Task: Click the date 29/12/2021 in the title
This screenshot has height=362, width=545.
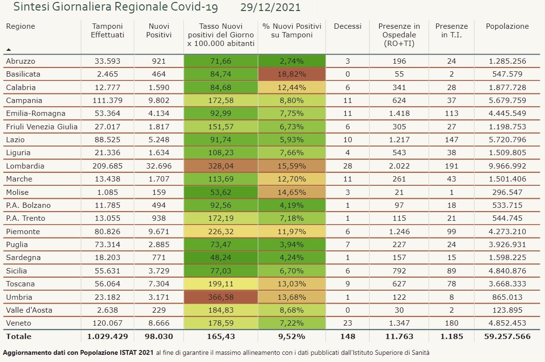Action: coord(271,7)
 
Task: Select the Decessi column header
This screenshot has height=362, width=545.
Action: coord(348,26)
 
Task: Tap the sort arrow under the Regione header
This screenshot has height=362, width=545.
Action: coord(9,49)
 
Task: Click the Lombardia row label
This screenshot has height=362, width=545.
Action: coord(25,166)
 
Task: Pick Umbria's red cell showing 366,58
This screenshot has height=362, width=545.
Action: coord(221,297)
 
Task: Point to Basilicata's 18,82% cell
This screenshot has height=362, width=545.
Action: coord(291,74)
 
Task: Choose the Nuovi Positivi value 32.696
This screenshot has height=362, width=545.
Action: coord(159,166)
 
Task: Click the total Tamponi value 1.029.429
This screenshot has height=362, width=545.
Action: coord(108,337)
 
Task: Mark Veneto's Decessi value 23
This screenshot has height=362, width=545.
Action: coord(348,323)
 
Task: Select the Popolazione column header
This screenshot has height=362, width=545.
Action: coord(507,26)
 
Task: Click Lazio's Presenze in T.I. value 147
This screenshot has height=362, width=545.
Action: coord(451,140)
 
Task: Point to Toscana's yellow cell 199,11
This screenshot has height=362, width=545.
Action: coord(221,283)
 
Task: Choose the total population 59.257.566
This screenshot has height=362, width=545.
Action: coord(507,337)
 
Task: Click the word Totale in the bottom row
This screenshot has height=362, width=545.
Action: coord(19,337)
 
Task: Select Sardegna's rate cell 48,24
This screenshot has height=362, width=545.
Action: coord(221,258)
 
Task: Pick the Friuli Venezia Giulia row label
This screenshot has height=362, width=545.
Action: coord(41,127)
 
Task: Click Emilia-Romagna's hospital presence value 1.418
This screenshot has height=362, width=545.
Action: coord(398,113)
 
